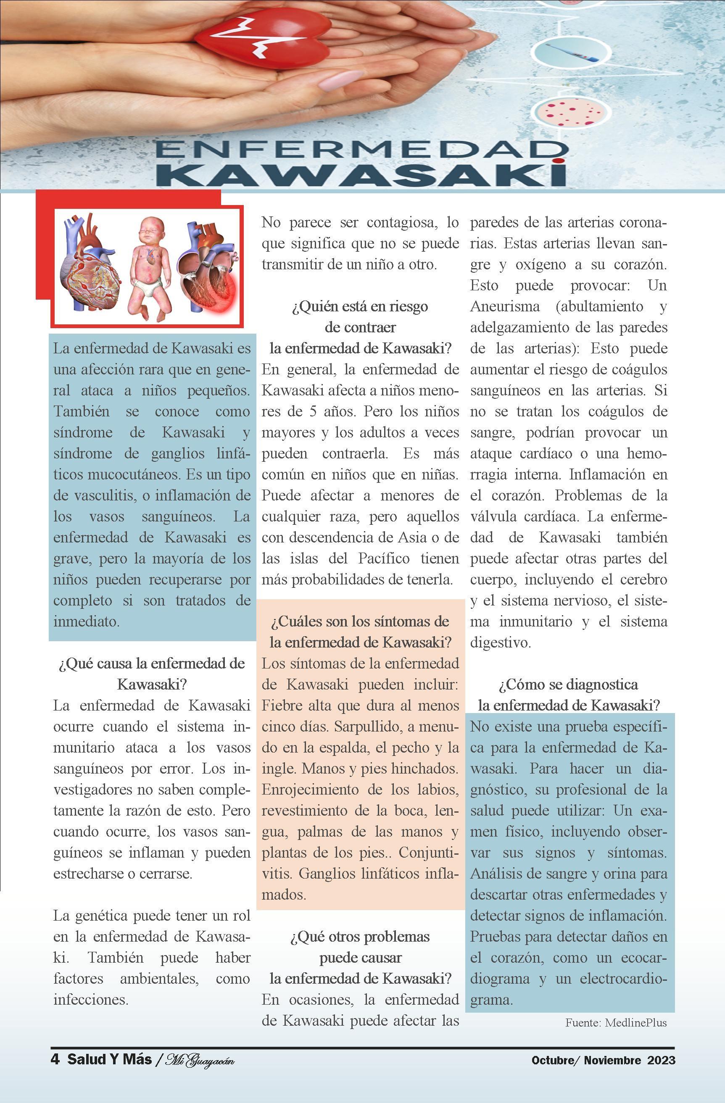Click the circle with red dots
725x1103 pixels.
click(569, 110)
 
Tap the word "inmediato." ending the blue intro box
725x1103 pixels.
click(87, 621)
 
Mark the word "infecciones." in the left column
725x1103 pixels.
click(91, 1000)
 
